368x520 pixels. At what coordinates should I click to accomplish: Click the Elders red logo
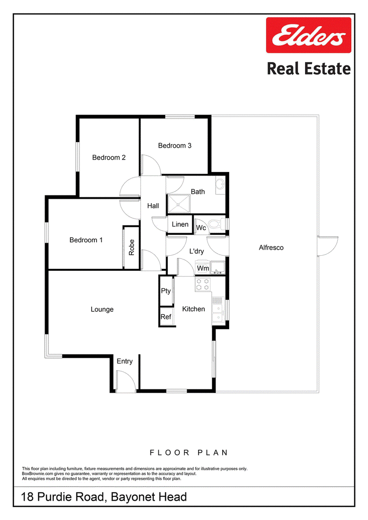click(x=309, y=35)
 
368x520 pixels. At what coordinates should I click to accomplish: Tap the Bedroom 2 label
click(x=109, y=158)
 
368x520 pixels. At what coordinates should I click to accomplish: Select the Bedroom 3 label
click(x=174, y=146)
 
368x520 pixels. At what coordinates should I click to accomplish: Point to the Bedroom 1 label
click(x=86, y=240)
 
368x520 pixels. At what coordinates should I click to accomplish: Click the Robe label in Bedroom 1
click(x=132, y=247)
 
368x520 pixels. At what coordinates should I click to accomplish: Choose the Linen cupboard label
click(x=180, y=224)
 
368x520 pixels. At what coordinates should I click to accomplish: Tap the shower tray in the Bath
click(x=179, y=204)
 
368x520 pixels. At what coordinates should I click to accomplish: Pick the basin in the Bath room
click(x=220, y=185)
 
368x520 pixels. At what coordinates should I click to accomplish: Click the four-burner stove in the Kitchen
click(x=202, y=285)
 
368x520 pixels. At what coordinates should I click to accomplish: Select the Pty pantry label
click(x=166, y=291)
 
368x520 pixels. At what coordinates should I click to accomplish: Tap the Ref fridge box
click(x=166, y=316)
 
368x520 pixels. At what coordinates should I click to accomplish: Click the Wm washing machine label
click(x=203, y=269)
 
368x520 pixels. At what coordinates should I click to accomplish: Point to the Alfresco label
click(x=271, y=248)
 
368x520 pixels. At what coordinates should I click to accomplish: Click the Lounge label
click(x=102, y=309)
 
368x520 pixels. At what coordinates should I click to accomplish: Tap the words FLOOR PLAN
click(x=189, y=453)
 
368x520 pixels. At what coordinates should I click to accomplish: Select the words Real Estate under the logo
click(x=309, y=69)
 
